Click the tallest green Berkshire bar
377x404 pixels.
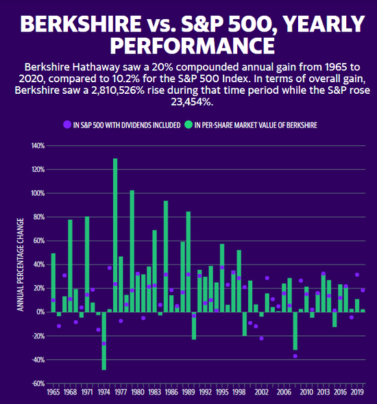(x=115, y=236)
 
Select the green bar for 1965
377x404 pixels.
(x=53, y=283)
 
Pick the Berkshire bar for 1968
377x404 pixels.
(x=70, y=266)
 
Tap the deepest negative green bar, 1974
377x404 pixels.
(x=104, y=341)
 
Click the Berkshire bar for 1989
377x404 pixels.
(x=188, y=262)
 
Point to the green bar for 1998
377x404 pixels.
(x=239, y=281)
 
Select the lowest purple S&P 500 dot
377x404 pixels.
(x=295, y=356)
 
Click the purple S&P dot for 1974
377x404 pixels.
(x=104, y=344)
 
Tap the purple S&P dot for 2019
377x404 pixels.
(x=357, y=275)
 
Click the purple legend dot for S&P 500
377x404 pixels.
(x=67, y=125)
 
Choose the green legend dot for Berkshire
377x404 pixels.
(x=188, y=125)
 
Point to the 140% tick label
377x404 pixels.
(x=38, y=146)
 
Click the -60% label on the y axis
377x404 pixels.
(x=38, y=383)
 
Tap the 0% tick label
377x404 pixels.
(x=40, y=312)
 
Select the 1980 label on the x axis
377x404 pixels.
(x=138, y=392)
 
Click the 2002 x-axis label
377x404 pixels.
(x=261, y=392)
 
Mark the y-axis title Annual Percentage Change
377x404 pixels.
(x=21, y=264)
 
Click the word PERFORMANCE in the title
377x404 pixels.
(x=193, y=46)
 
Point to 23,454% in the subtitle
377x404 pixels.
(x=193, y=102)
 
